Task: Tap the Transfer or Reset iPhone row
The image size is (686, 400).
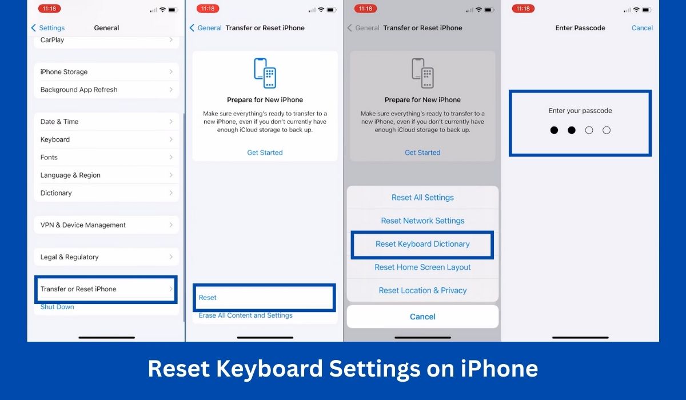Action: click(106, 289)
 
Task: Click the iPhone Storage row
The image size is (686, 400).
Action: click(106, 72)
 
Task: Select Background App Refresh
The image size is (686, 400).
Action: click(106, 90)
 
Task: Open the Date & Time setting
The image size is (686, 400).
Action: click(106, 122)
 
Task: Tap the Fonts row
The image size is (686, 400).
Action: click(106, 157)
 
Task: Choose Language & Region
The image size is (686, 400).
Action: click(106, 175)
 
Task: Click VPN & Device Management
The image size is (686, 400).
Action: click(106, 225)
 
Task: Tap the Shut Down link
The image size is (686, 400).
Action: click(57, 307)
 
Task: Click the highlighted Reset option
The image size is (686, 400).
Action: click(264, 298)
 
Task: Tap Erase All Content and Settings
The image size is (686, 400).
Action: click(246, 315)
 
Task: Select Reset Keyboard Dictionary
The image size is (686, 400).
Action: click(422, 244)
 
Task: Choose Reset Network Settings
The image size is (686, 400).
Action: click(422, 221)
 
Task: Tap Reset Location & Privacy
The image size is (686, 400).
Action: click(422, 290)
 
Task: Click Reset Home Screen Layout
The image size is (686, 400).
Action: click(422, 267)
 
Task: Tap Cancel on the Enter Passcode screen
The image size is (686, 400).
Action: click(642, 28)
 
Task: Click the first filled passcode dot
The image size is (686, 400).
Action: click(554, 130)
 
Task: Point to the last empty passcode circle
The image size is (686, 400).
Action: click(607, 130)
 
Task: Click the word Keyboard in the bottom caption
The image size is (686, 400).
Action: click(269, 369)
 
